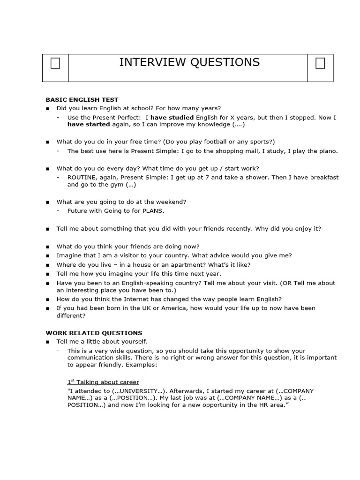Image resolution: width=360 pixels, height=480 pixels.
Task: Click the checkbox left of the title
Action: coord(55,63)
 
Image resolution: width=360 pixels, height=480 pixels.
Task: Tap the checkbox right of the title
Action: coord(320,63)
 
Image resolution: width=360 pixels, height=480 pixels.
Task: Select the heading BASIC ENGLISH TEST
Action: coord(82,99)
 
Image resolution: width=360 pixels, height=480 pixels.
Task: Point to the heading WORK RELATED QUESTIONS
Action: coord(94,333)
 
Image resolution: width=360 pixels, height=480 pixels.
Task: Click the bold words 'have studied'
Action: coord(172,117)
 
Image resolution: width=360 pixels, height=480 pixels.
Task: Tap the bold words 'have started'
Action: coord(88,125)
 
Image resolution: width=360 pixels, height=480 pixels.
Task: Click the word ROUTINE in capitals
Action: coord(82,177)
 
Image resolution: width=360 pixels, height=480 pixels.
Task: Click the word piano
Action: coord(328,151)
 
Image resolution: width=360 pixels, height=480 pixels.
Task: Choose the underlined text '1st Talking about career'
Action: coord(103,382)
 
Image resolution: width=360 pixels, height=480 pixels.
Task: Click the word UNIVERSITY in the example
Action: coord(142,391)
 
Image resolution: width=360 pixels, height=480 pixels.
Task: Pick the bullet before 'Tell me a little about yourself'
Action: coord(48,342)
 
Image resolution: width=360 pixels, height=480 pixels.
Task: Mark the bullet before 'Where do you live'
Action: coord(48,265)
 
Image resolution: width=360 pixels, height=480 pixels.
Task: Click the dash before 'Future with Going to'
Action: coord(58,210)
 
